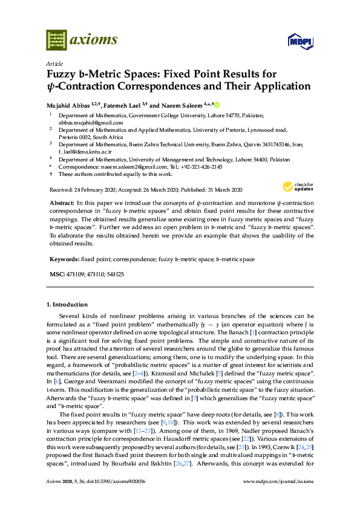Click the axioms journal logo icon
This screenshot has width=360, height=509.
pyautogui.click(x=57, y=40)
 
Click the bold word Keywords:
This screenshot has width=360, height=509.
pyautogui.click(x=64, y=259)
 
